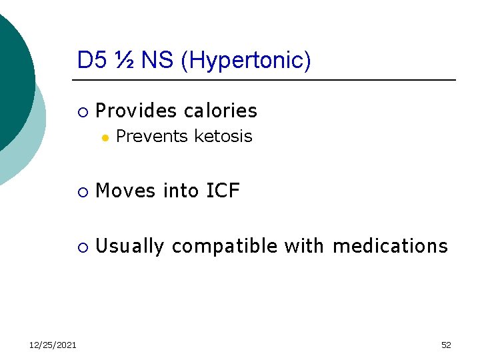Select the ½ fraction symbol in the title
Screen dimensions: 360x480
tap(125, 60)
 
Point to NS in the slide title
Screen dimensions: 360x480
tap(157, 60)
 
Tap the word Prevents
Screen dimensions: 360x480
tap(151, 137)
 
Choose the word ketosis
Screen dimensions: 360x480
tap(223, 137)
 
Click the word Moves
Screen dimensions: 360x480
tap(125, 191)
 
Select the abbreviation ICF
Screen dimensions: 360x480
tap(223, 191)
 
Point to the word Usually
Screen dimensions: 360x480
tap(130, 247)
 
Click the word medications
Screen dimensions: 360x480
tap(390, 247)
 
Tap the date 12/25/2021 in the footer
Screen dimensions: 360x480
tap(53, 344)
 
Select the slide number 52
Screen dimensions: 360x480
tap(446, 345)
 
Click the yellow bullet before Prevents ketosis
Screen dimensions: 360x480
tap(104, 137)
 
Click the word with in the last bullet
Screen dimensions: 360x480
tap(304, 247)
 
